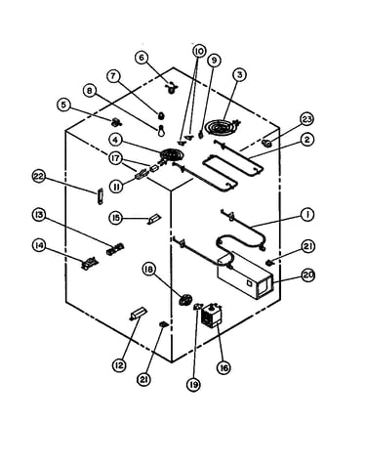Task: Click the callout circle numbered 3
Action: pyautogui.click(x=239, y=75)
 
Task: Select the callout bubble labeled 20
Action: pyautogui.click(x=307, y=275)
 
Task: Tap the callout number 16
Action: pyautogui.click(x=224, y=368)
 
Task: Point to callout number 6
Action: pyautogui.click(x=142, y=58)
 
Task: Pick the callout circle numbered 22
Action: pyautogui.click(x=39, y=177)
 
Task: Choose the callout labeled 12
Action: pyautogui.click(x=119, y=365)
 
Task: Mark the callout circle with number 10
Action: pyautogui.click(x=199, y=51)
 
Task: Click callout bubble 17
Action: pyautogui.click(x=116, y=159)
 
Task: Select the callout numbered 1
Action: pyautogui.click(x=306, y=215)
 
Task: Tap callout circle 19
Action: pyautogui.click(x=193, y=385)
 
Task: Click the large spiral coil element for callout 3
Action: pyautogui.click(x=224, y=125)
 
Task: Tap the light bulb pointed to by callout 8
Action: pyautogui.click(x=161, y=130)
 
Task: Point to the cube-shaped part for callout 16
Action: pyautogui.click(x=211, y=315)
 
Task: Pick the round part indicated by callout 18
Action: pyautogui.click(x=185, y=299)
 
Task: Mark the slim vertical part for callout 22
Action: pyautogui.click(x=100, y=196)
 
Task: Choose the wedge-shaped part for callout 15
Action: pyautogui.click(x=154, y=219)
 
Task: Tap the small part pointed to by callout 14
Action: pyautogui.click(x=89, y=263)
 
